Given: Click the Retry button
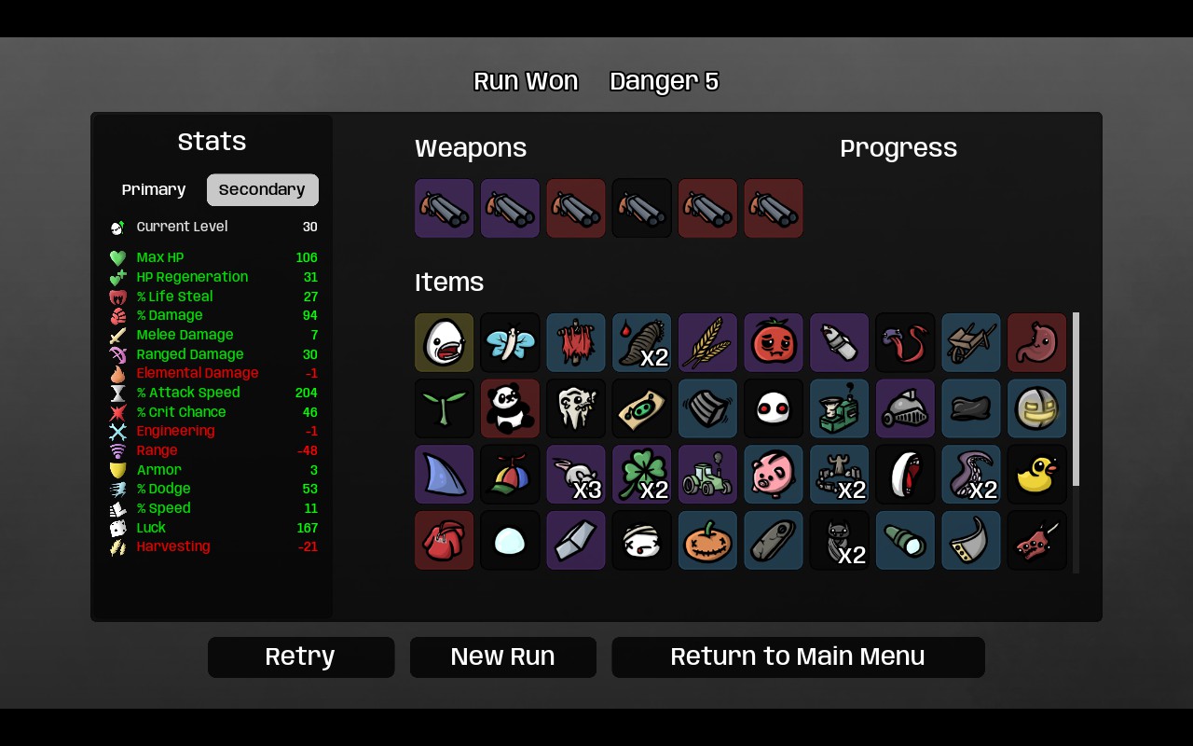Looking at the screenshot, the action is [301, 657].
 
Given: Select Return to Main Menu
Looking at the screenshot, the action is [798, 657].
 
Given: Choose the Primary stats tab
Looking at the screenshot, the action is [154, 189].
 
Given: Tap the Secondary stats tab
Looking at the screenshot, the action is [263, 189].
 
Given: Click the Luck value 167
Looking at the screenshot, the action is [307, 528].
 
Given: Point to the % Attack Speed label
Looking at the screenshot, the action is [188, 393].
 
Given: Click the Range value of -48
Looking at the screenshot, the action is [308, 450].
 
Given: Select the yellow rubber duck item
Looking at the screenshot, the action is [1037, 475].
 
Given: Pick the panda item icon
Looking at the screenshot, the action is [510, 408].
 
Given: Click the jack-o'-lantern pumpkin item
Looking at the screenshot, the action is [707, 540].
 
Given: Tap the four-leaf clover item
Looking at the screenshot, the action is [642, 475].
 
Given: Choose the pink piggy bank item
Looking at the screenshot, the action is [774, 475].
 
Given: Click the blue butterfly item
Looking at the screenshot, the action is [510, 342].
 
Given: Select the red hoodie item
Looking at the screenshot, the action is [444, 540].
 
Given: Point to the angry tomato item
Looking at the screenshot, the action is [774, 342].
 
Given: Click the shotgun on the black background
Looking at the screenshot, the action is [642, 208].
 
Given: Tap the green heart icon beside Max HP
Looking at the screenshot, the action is [117, 258].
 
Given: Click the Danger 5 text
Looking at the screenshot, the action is [665, 81].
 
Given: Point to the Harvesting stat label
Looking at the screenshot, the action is [173, 546].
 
